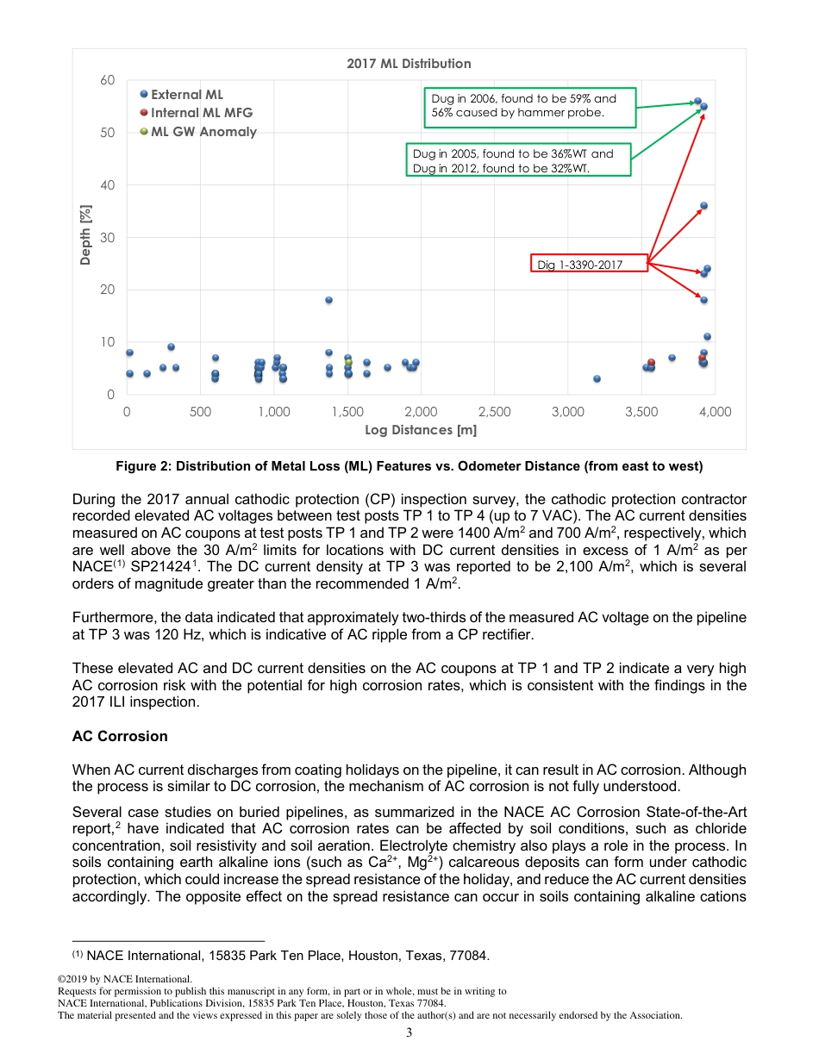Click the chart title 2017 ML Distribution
pyautogui.click(x=409, y=63)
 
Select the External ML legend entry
pyautogui.click(x=187, y=95)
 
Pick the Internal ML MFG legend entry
pyautogui.click(x=202, y=113)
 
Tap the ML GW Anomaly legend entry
pyautogui.click(x=203, y=132)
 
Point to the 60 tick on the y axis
pyautogui.click(x=107, y=80)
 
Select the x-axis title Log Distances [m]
pyautogui.click(x=421, y=430)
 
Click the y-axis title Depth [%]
pyautogui.click(x=86, y=237)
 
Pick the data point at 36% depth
pyautogui.click(x=703, y=206)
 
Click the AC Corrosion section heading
pyautogui.click(x=120, y=737)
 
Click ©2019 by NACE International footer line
pyautogui.click(x=124, y=980)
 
